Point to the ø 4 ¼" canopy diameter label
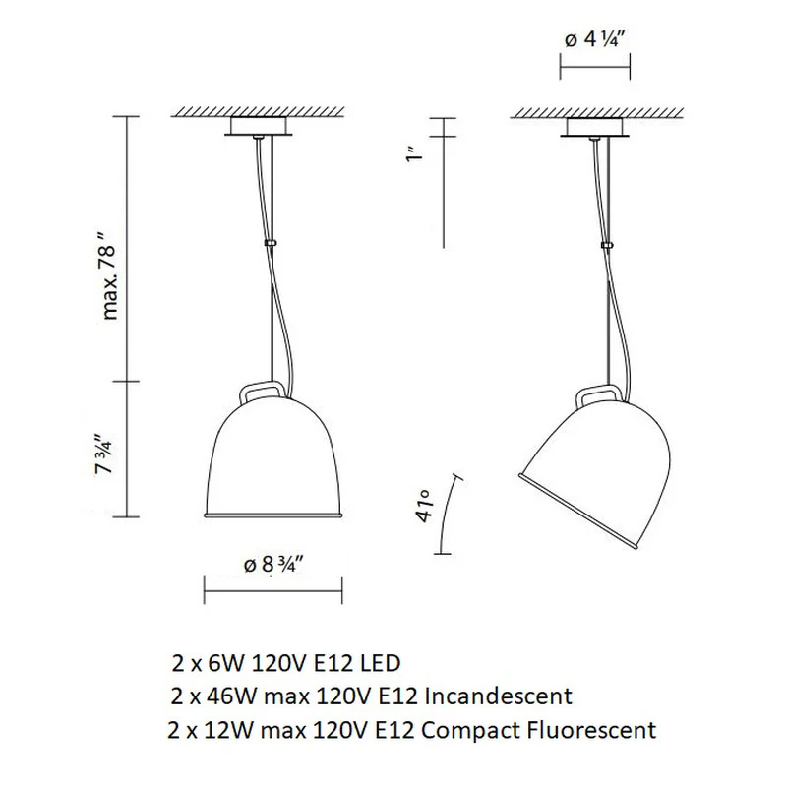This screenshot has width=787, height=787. (596, 39)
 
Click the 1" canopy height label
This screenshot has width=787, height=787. (414, 154)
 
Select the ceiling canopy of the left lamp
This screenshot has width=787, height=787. (258, 127)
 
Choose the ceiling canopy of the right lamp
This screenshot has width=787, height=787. (595, 127)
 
